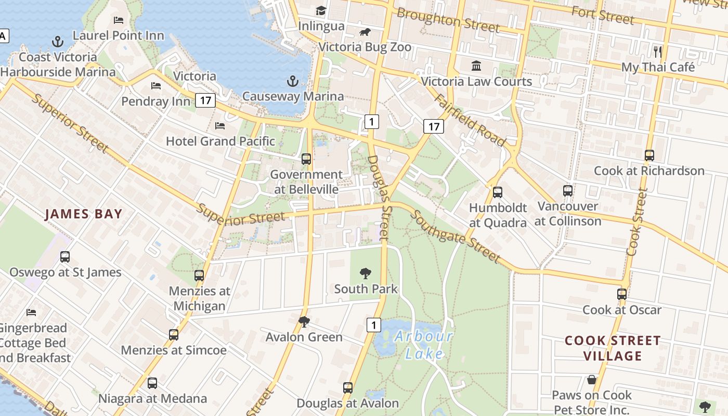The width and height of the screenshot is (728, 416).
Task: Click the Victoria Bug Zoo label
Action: (365, 47)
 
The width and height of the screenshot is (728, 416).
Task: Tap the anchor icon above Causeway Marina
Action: (293, 81)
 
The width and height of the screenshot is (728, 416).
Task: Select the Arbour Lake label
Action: (424, 345)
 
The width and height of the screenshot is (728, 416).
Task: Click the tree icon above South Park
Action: (366, 273)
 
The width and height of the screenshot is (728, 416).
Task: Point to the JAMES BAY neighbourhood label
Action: (83, 214)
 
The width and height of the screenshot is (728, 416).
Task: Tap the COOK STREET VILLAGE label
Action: (613, 348)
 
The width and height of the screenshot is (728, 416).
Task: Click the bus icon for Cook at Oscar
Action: (622, 294)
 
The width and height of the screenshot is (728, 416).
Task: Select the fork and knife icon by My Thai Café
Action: (658, 51)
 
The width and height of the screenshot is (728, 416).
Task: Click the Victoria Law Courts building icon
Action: (476, 66)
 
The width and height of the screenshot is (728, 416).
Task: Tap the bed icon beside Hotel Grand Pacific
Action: (220, 125)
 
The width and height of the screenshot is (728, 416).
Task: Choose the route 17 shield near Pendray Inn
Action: (206, 100)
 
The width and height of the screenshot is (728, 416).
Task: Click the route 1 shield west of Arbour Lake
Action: (373, 325)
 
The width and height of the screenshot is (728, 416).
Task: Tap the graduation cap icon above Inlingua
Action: (321, 10)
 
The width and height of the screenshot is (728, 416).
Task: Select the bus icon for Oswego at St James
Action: (65, 256)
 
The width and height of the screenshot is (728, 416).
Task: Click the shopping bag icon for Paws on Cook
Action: (592, 380)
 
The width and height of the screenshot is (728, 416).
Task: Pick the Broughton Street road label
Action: (448, 20)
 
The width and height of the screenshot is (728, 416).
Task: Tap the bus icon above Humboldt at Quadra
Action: (498, 192)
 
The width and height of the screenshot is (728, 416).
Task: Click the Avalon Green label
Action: (304, 337)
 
